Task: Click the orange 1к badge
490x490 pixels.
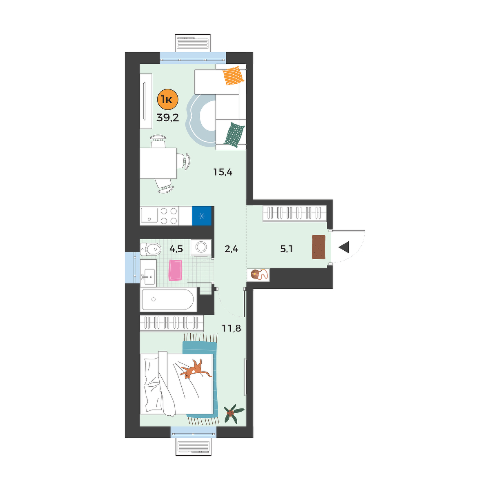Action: (168, 100)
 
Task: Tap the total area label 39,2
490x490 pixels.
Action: (167, 118)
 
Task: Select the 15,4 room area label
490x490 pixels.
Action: (223, 172)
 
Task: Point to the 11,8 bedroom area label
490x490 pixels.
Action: (232, 328)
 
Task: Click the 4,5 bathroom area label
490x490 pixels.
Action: (176, 249)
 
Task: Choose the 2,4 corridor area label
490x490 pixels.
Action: (232, 249)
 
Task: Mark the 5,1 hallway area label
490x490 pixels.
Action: (286, 249)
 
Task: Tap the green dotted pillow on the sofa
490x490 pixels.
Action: (234, 135)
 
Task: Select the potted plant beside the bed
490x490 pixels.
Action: (233, 412)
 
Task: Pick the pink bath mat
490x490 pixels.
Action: (176, 270)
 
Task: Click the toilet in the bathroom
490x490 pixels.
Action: (150, 249)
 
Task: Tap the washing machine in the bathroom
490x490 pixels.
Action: (201, 246)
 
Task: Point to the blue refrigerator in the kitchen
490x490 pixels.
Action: (202, 216)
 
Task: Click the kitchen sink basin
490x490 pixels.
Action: (149, 216)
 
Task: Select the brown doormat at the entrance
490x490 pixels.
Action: (319, 247)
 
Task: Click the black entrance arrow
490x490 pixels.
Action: (344, 247)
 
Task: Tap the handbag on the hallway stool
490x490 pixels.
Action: (258, 275)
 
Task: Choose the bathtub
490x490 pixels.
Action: (169, 300)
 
